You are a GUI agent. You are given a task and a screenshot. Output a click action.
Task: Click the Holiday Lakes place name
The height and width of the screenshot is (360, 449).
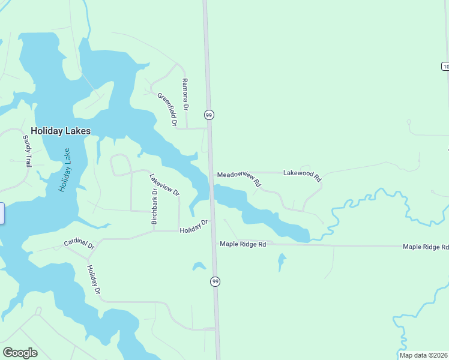[x=61, y=131]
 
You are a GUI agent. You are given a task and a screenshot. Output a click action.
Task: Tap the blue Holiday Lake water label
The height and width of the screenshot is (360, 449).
[x=65, y=170]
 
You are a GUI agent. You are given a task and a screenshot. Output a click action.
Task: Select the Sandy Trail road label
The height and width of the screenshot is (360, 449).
[x=28, y=151]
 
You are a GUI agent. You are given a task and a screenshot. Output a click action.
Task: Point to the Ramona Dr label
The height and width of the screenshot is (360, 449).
[x=185, y=95]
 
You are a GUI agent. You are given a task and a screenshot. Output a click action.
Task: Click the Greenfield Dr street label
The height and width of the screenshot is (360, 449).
[x=167, y=109]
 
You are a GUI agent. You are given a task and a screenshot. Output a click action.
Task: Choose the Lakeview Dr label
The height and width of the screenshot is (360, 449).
[x=164, y=185]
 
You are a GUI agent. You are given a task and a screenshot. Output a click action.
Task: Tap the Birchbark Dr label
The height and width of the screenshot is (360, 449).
[x=154, y=206]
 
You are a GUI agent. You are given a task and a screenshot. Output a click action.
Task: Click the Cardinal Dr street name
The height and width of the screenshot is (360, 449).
[x=79, y=245]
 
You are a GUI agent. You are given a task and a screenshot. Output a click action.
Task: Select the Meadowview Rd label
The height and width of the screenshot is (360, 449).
[x=239, y=177]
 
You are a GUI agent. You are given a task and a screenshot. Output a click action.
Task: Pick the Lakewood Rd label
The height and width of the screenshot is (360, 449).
[x=303, y=175]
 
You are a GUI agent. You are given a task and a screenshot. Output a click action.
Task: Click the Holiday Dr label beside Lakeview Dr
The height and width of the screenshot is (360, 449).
[x=193, y=226]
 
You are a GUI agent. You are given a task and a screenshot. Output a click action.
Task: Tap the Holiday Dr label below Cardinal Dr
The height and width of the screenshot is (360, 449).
[x=93, y=280]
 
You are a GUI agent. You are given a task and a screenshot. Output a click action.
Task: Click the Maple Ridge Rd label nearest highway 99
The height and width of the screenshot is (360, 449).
[x=243, y=244]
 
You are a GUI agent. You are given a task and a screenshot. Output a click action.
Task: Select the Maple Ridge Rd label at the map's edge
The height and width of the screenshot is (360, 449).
[x=426, y=247]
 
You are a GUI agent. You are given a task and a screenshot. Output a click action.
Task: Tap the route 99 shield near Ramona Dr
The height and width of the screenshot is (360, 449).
[x=209, y=115]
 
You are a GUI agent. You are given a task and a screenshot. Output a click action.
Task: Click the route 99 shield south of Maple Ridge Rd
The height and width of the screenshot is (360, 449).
[x=215, y=281]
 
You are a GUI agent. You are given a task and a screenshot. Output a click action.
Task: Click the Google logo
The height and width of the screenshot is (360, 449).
[x=20, y=353]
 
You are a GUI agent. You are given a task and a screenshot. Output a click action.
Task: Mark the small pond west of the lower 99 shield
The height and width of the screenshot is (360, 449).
[x=199, y=266]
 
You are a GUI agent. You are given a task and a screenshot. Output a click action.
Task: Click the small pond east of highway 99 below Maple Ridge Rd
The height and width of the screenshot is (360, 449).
[x=282, y=261]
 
